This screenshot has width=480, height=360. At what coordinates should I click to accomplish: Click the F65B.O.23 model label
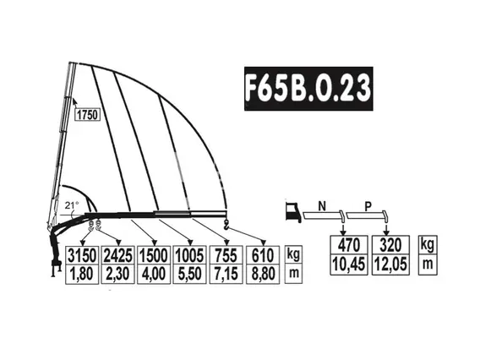point(308,89)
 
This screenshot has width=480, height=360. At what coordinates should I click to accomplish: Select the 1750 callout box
point(88,115)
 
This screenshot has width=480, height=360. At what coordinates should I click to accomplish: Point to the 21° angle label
point(72,205)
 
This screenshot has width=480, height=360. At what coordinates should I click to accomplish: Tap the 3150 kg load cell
point(82,255)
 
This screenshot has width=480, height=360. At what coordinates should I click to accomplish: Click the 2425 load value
point(117,255)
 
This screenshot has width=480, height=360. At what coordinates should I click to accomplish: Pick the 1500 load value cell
point(154,255)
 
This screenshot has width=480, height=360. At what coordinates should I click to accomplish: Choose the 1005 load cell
point(189,255)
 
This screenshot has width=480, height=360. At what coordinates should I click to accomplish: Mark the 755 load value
point(226,255)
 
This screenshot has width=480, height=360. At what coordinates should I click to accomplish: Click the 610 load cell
point(263,255)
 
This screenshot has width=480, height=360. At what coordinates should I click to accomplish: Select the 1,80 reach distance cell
point(82,275)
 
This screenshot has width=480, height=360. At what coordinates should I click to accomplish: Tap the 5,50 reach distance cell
point(189,275)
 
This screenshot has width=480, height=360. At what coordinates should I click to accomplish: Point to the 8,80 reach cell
point(263,275)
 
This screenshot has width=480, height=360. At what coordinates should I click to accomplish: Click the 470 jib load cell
point(349,245)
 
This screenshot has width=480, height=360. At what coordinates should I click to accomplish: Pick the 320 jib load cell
point(390,245)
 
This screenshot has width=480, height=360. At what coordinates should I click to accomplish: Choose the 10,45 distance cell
point(349,265)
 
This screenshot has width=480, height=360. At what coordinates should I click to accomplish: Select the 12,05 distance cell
point(390,265)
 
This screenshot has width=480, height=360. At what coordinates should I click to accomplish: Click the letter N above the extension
point(322,207)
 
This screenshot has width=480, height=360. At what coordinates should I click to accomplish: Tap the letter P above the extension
point(368,207)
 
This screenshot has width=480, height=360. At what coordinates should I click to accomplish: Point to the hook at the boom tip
point(226,225)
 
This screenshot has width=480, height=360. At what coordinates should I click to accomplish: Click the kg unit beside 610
point(293,254)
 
